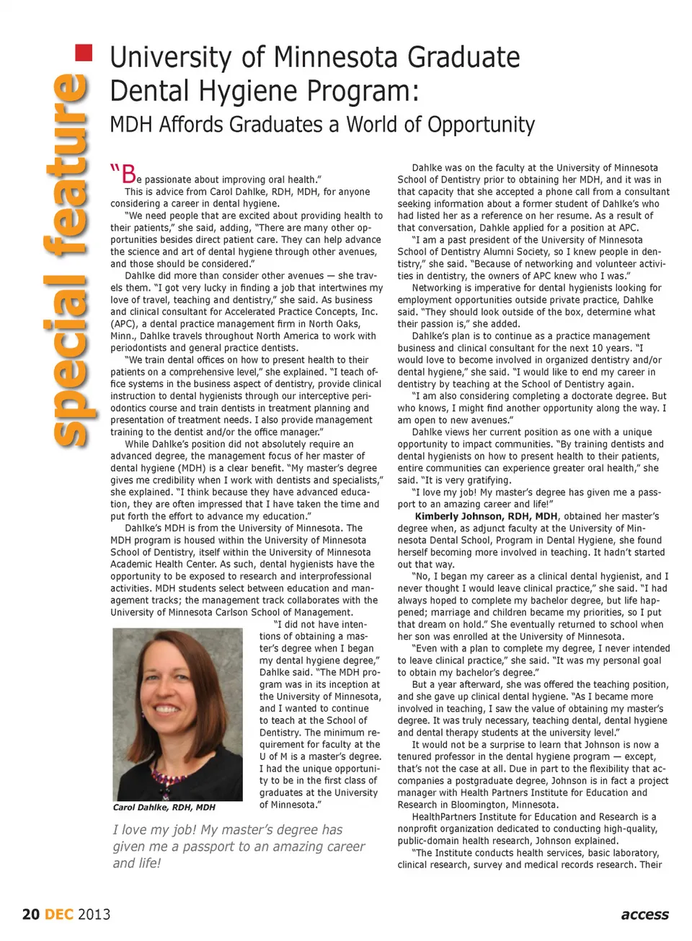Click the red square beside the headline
tap(84, 53)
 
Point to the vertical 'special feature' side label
tap(71, 260)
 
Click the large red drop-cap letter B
tap(129, 174)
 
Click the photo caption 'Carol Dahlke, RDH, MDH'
tap(164, 807)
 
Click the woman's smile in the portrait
tap(167, 710)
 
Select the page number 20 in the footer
tap(31, 914)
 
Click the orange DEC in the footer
tap(59, 914)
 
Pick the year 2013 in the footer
tap(94, 914)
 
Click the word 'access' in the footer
tap(644, 914)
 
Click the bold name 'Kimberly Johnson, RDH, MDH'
tap(487, 516)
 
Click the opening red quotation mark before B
tap(115, 170)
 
